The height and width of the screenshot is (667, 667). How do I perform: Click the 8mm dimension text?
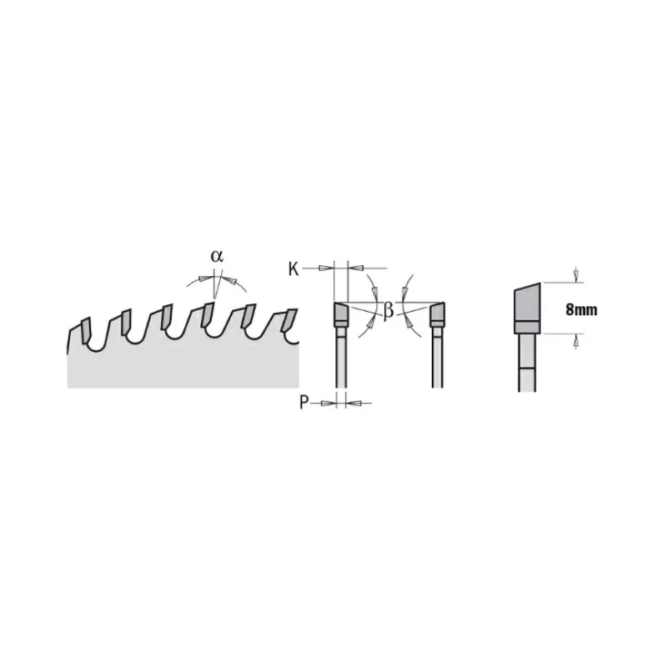tap(580, 309)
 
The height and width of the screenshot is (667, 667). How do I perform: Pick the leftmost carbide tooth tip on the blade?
tap(83, 324)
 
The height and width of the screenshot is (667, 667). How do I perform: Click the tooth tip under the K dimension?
tap(340, 314)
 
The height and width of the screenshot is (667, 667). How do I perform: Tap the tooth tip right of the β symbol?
tap(437, 314)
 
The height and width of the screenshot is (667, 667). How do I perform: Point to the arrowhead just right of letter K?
tap(326, 268)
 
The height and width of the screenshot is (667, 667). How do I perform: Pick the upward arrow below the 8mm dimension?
tap(575, 339)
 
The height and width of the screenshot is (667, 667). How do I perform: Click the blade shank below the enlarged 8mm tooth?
tap(526, 359)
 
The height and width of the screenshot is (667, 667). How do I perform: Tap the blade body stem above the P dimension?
tap(340, 359)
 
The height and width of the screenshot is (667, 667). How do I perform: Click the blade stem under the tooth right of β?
tap(437, 359)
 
